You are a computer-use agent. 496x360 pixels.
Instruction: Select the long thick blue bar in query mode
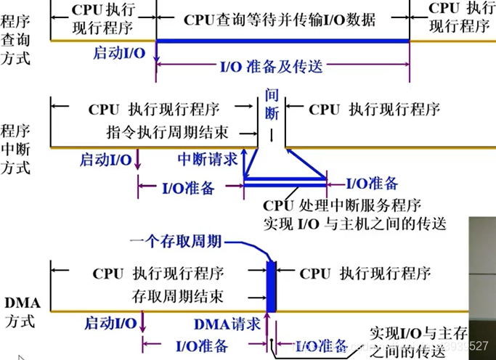pos(282,41)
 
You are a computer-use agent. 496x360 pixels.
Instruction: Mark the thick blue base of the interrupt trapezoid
pos(284,178)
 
